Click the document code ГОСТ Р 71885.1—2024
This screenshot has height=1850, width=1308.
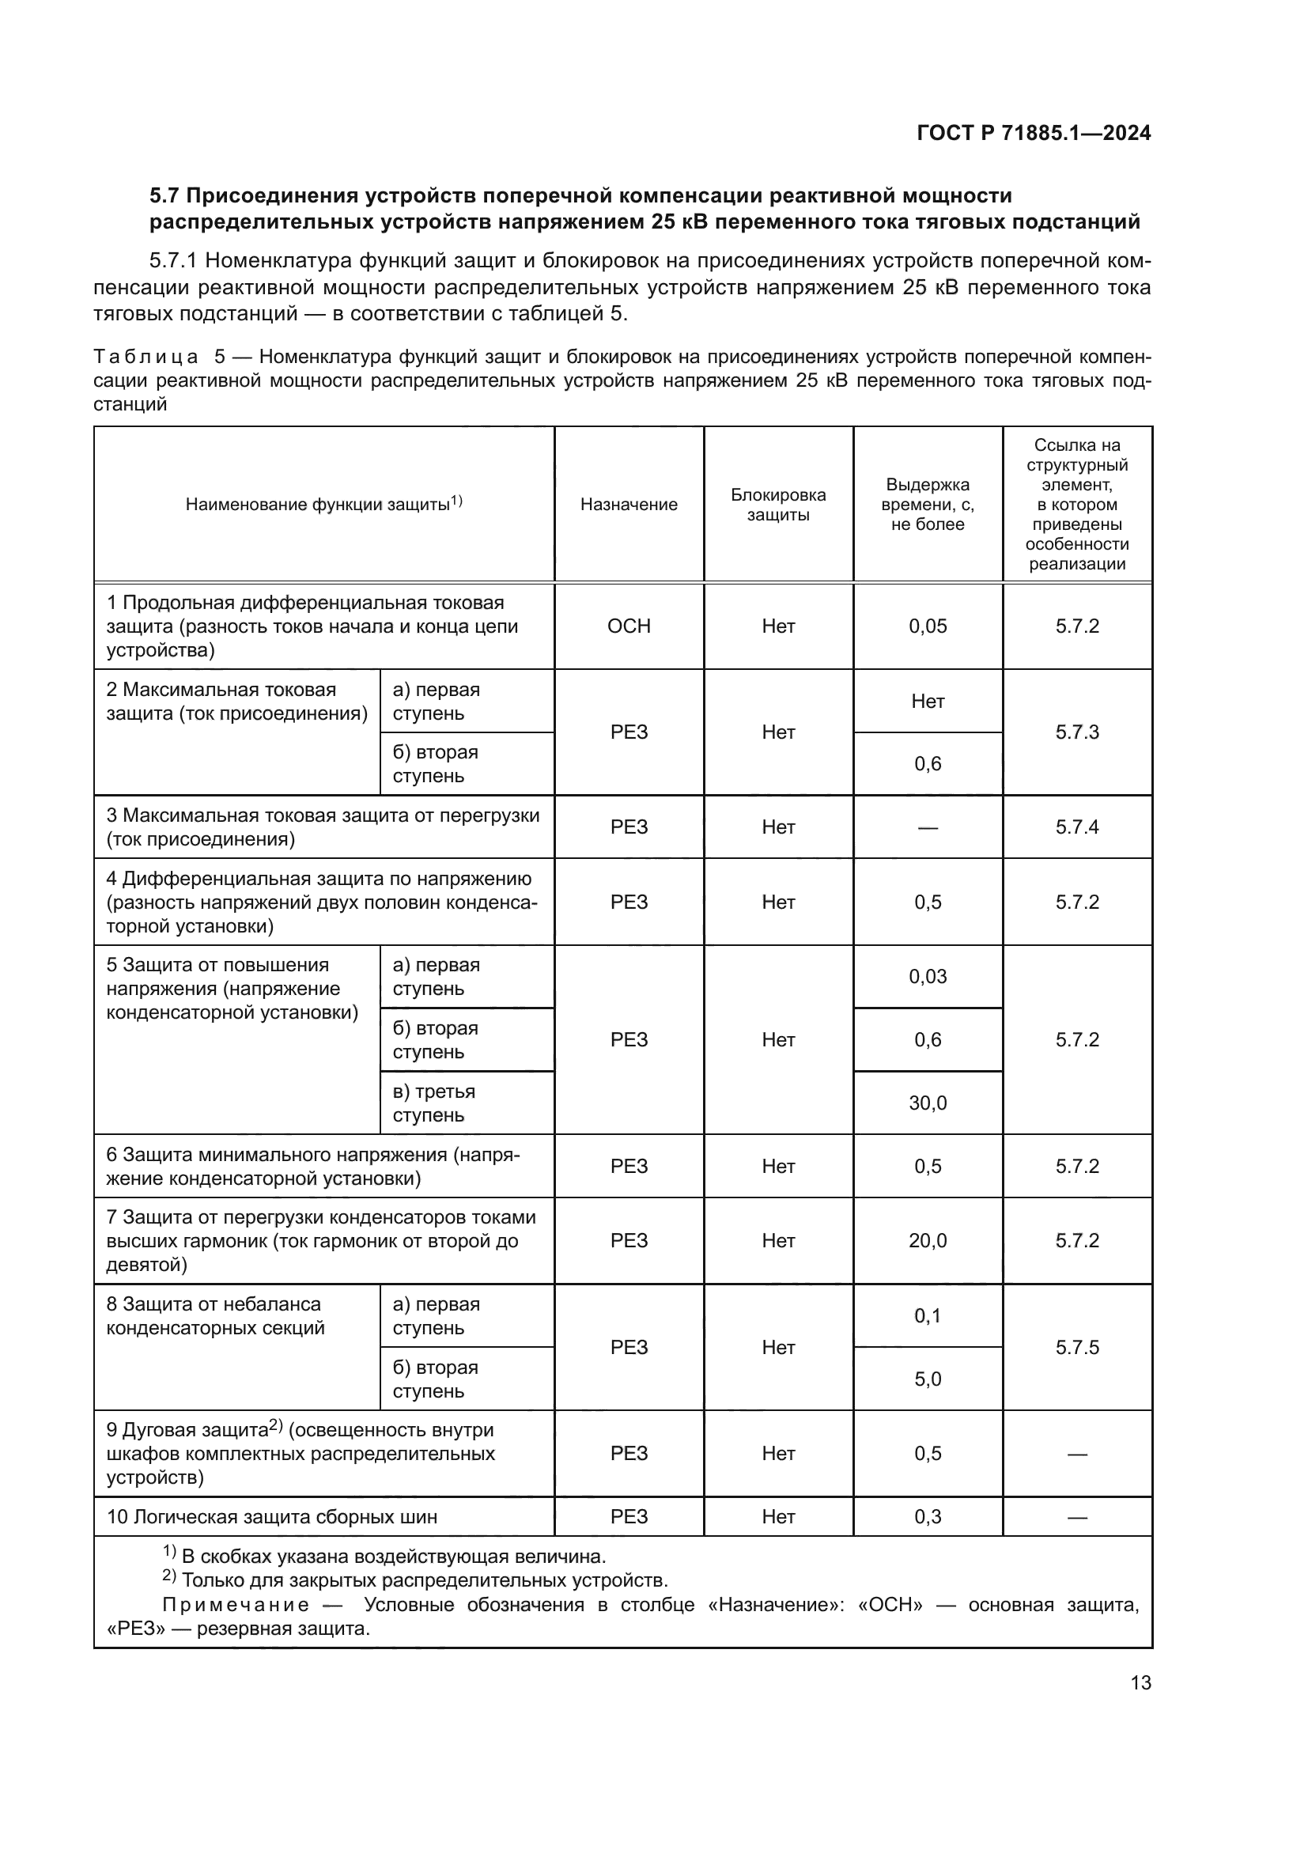click(x=1034, y=134)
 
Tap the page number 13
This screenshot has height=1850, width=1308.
click(x=1140, y=1682)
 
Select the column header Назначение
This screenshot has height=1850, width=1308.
click(x=628, y=505)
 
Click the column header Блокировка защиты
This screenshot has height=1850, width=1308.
click(x=778, y=505)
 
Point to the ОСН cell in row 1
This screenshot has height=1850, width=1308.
click(x=628, y=626)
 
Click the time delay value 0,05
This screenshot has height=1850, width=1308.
click(x=928, y=626)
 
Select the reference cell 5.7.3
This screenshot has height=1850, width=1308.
click(x=1077, y=732)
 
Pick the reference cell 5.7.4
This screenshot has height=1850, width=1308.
click(x=1077, y=827)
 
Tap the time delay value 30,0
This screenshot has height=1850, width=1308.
click(x=928, y=1103)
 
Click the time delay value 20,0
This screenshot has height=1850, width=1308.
click(x=928, y=1240)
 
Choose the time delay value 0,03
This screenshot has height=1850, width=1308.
click(x=928, y=977)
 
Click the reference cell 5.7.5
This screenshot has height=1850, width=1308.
click(x=1077, y=1347)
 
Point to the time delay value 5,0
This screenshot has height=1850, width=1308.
click(x=928, y=1379)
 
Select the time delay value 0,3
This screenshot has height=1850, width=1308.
click(x=928, y=1517)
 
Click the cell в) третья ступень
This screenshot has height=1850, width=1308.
click(x=434, y=1103)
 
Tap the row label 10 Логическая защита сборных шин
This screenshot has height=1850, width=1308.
click(x=272, y=1517)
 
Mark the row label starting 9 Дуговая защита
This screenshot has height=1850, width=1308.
click(x=300, y=1454)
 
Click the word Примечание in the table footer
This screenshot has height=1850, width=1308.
click(x=235, y=1605)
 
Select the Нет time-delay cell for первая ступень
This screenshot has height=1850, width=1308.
click(x=928, y=701)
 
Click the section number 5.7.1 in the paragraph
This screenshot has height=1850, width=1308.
click(x=173, y=261)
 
